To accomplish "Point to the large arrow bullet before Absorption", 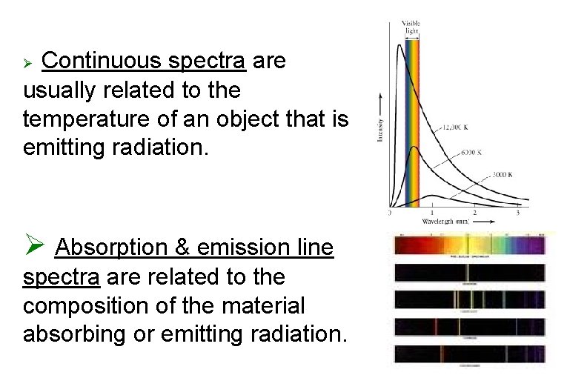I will pos(36,245).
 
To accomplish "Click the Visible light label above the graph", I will pos(411,27).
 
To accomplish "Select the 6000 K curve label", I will pos(471,152).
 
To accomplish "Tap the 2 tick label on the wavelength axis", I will pos(475,213).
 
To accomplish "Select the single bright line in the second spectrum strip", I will pos(468,273).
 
